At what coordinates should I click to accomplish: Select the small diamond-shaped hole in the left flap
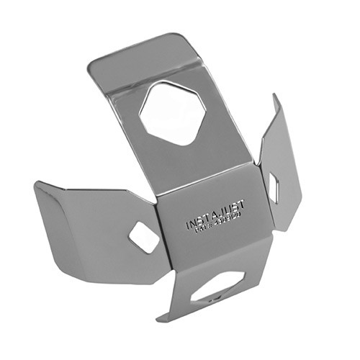point(144,237)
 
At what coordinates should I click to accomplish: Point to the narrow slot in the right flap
point(274,187)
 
